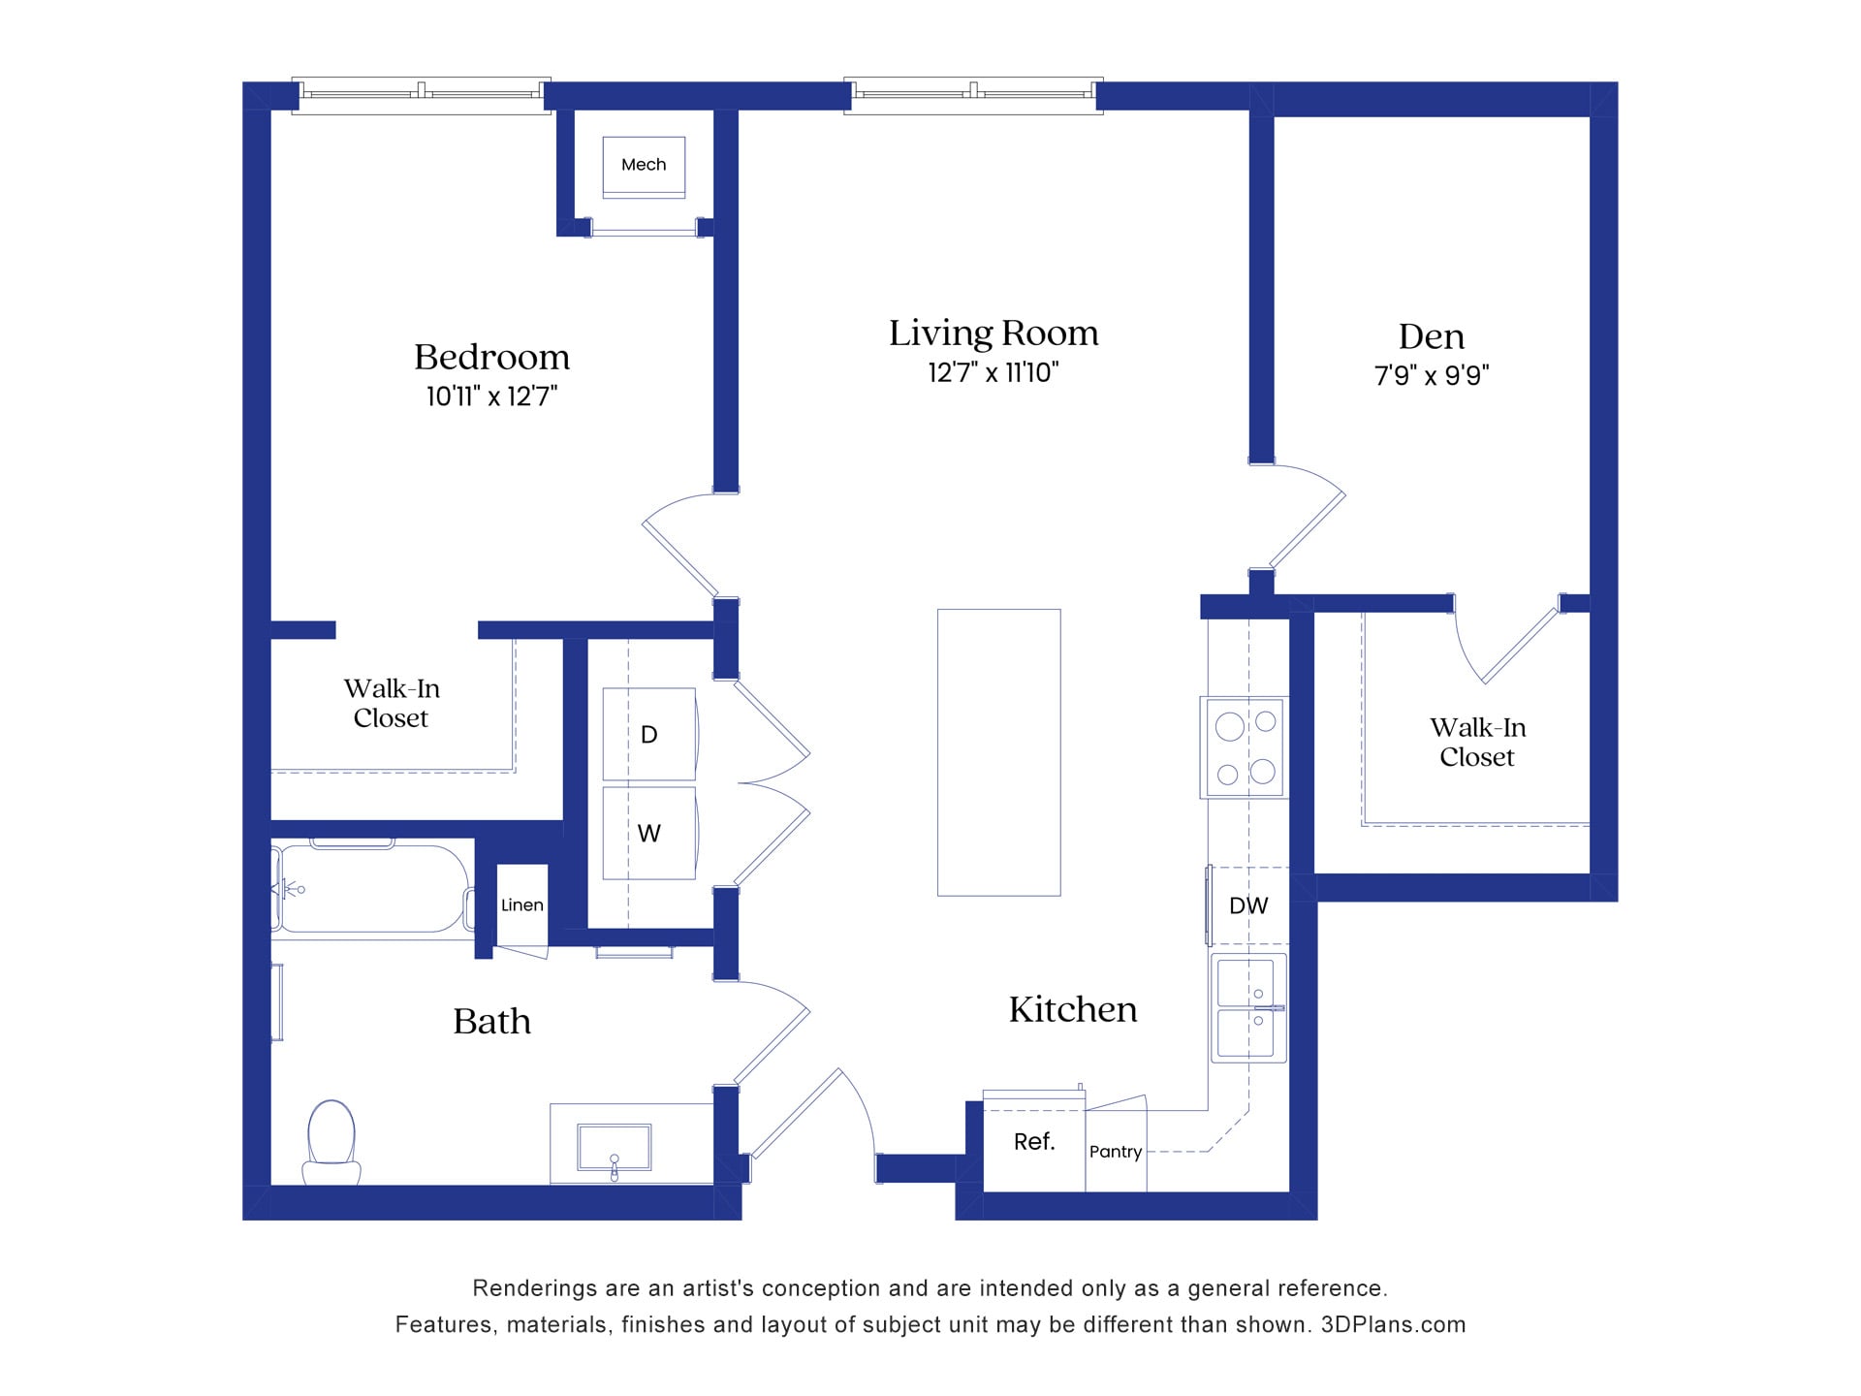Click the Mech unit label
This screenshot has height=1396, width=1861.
pos(644,165)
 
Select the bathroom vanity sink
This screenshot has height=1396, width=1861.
pos(614,1148)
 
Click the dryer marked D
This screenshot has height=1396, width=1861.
pos(648,734)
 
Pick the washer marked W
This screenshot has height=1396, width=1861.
pos(648,833)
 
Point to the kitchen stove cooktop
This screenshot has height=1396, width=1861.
pos(1246,747)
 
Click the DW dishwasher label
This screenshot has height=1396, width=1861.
pos(1247,905)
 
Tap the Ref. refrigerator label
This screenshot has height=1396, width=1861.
pos(1033,1142)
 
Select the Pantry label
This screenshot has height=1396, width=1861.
pos(1115,1152)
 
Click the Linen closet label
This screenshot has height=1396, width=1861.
pos(521,905)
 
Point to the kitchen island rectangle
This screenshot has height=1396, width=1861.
pos(998,752)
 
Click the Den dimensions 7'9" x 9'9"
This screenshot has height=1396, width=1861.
pos(1431,375)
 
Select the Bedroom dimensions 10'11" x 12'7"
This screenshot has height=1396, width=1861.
pos(491,397)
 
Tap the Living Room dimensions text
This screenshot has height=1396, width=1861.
pos(993,372)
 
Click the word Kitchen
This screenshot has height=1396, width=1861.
pos(1072,1010)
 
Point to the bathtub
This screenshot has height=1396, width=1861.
pos(372,889)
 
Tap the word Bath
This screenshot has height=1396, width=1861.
pos(491,1022)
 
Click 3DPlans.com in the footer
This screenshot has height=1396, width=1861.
pos(1393,1324)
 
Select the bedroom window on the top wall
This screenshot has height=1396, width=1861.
pos(422,95)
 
